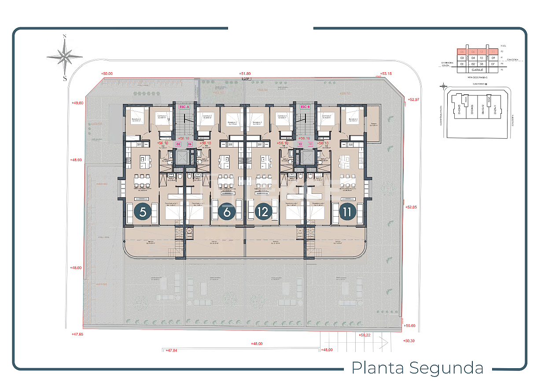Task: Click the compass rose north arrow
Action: pyautogui.click(x=65, y=56)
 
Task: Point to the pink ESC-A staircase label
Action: pyautogui.click(x=184, y=107)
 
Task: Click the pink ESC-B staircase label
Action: pyautogui.click(x=305, y=107)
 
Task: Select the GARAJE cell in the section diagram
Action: pyautogui.click(x=477, y=70)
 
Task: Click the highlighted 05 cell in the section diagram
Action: pyautogui.click(x=462, y=51)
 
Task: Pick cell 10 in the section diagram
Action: pyautogui.click(x=482, y=58)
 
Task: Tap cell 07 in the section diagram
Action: pyautogui.click(x=493, y=64)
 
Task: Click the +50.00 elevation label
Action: pyautogui.click(x=107, y=74)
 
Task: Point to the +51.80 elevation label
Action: pyautogui.click(x=245, y=74)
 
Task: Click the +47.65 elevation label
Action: pyautogui.click(x=77, y=334)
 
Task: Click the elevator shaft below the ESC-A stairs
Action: pyautogui.click(x=181, y=157)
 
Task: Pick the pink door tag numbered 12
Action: pyautogui.click(x=300, y=144)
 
